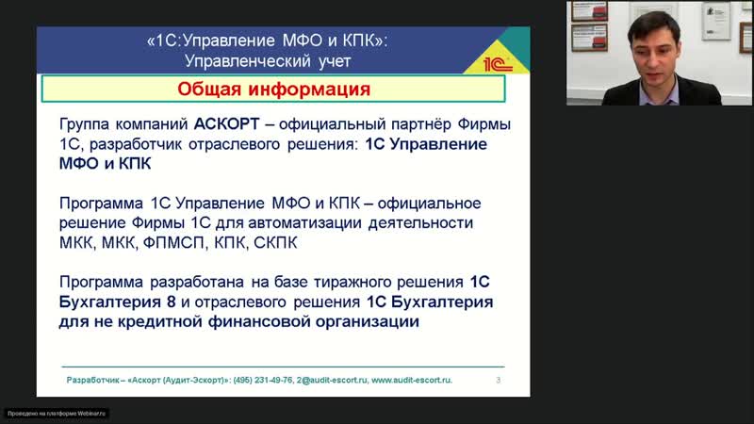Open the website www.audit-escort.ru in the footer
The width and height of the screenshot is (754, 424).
click(x=412, y=380)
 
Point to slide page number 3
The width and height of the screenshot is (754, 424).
click(x=498, y=380)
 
